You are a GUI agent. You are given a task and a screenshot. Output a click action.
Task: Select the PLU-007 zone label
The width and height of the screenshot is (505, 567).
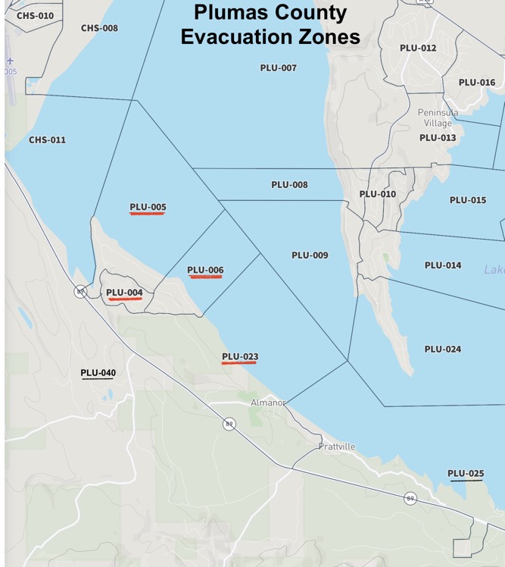(278, 68)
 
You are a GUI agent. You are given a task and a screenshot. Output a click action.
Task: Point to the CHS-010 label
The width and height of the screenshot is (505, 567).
(35, 15)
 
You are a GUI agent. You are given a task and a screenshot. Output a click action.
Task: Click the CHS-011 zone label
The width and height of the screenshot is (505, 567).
(47, 140)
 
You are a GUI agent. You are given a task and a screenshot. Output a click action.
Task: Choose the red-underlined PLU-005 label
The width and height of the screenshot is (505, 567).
(148, 207)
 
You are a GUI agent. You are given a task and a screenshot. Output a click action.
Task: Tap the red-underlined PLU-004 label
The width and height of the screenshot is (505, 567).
(124, 293)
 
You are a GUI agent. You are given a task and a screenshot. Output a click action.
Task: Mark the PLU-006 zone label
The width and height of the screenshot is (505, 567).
(205, 270)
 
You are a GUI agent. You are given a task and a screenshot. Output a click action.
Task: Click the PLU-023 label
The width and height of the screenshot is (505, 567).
(240, 356)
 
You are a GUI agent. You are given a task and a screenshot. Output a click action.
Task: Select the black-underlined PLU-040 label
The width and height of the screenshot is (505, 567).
(98, 372)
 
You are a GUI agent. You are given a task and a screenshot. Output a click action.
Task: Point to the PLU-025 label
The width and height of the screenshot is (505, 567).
(466, 474)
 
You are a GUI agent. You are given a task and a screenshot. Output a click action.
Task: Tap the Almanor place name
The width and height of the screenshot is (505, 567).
(268, 403)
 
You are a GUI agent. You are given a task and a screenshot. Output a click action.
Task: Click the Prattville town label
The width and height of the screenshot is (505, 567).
(336, 446)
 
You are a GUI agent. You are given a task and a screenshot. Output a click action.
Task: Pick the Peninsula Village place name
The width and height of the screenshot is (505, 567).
(438, 117)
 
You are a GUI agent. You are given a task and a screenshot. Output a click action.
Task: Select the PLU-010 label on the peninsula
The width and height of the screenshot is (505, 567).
(377, 194)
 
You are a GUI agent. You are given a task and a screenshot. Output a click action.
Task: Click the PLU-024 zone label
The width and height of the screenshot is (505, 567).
(443, 349)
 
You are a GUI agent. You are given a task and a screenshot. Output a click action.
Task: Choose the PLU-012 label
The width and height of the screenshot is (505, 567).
(418, 49)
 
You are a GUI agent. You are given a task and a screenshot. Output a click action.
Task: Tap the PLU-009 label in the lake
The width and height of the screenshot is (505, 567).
(310, 255)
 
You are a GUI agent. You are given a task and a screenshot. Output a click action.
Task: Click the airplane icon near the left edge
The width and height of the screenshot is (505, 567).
(10, 61)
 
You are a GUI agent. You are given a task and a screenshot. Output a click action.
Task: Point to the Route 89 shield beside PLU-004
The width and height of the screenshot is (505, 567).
(79, 291)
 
